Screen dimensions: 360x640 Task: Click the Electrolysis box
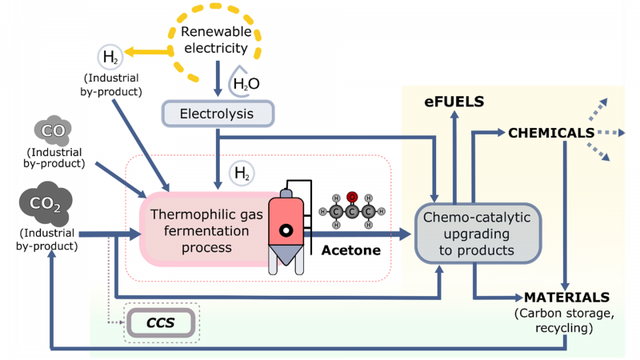(218, 114)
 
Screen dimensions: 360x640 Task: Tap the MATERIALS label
(566, 297)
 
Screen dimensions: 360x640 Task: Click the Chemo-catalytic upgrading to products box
(478, 233)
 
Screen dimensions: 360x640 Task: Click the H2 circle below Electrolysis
(241, 173)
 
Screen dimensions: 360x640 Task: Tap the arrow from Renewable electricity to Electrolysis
(218, 80)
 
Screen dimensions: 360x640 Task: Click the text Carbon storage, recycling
(566, 319)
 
